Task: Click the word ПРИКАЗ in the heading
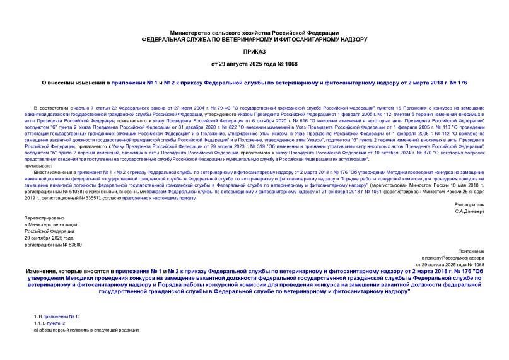(x=254, y=51)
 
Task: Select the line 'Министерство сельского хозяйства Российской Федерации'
(x=254, y=32)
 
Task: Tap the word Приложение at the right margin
(x=472, y=250)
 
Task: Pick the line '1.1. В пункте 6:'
(x=52, y=322)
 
